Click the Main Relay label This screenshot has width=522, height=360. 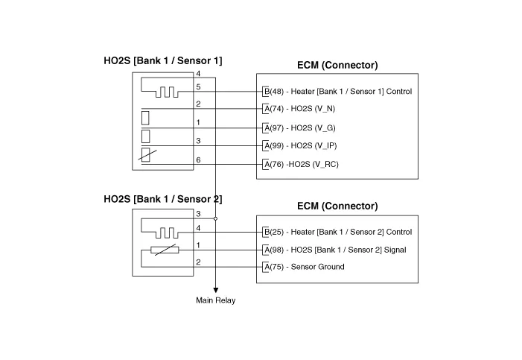click(216, 300)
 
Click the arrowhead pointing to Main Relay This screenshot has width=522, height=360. click(216, 291)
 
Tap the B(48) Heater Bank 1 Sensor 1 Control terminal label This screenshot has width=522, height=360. click(338, 92)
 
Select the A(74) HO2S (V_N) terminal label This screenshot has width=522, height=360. click(299, 109)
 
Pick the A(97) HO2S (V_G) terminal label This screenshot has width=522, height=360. click(299, 128)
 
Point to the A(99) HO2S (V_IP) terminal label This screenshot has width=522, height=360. click(300, 145)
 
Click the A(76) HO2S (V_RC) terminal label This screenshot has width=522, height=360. click(302, 164)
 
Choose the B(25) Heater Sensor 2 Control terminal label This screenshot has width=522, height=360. click(338, 232)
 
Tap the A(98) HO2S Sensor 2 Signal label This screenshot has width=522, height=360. click(335, 250)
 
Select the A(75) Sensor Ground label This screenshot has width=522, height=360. click(305, 267)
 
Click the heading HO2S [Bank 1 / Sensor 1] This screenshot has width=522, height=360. click(163, 60)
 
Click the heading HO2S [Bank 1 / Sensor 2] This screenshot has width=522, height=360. click(163, 199)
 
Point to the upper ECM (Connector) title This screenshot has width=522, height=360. click(337, 65)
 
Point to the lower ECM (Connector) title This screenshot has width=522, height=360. click(337, 206)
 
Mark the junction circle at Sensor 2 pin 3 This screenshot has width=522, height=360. click(215, 218)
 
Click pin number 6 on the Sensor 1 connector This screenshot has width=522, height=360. click(198, 160)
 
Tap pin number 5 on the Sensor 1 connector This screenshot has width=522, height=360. click(198, 87)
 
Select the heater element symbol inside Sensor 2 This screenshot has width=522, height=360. click(160, 228)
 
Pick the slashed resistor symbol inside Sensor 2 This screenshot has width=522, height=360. click(165, 250)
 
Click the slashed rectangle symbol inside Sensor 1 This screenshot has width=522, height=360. click(147, 155)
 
